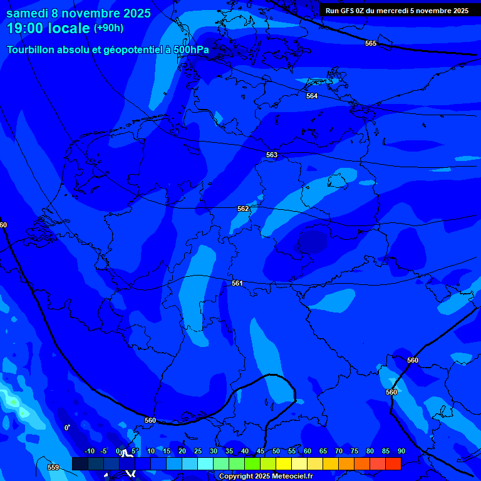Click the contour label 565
[x=371, y=43]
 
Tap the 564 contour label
[x=312, y=96]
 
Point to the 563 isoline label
[x=272, y=155]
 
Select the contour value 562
[x=243, y=209]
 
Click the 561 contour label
[x=237, y=283]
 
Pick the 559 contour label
[x=53, y=467]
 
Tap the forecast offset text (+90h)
[x=108, y=28]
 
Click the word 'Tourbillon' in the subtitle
[x=32, y=49]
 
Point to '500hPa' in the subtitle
[x=192, y=49]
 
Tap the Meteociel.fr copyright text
[x=266, y=477]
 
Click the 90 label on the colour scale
[x=401, y=451]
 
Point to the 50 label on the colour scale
[x=276, y=451]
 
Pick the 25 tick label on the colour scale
[x=197, y=451]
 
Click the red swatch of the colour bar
[x=393, y=463]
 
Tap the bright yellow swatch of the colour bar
[x=283, y=463]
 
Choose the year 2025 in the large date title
[x=133, y=13]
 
